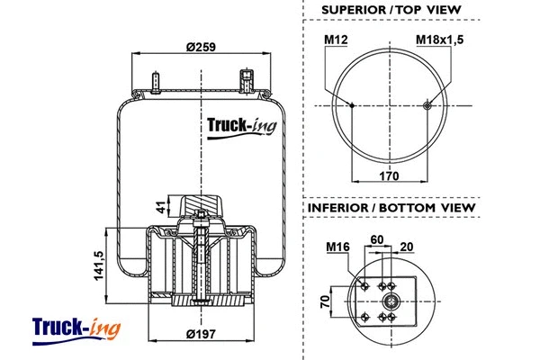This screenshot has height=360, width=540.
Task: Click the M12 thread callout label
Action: [336, 40]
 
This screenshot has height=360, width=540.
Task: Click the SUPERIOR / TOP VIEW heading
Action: [391, 10]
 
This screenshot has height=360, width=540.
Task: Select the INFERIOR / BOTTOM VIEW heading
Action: [391, 208]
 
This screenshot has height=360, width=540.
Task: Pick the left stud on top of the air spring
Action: [157, 81]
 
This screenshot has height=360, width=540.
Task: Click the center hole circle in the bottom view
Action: [391, 300]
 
